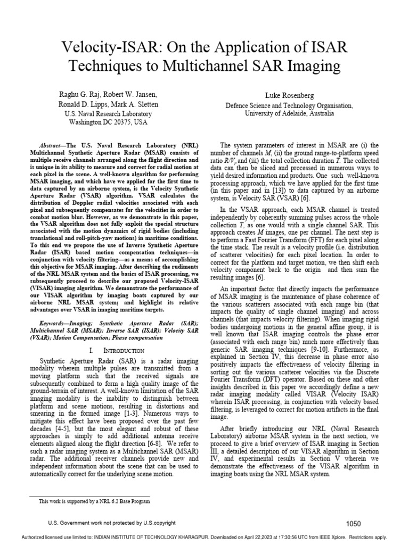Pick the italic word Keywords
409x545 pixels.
56,323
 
